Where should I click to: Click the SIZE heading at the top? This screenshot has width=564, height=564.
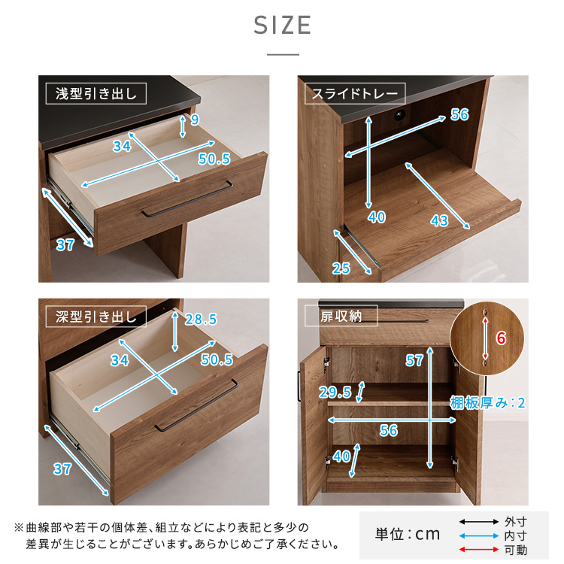[282, 25]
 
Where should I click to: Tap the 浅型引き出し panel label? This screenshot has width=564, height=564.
[96, 93]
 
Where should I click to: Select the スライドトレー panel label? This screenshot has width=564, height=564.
[355, 93]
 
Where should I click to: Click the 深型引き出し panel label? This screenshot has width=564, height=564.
[96, 317]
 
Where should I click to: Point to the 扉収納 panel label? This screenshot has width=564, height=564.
[341, 316]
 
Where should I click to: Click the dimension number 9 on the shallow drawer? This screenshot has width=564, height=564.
[195, 120]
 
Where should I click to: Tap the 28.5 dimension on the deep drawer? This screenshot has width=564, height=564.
[201, 319]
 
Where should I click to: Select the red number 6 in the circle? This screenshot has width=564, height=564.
[501, 338]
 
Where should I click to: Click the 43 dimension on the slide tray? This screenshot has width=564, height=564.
[439, 220]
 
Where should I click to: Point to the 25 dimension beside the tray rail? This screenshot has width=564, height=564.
[341, 268]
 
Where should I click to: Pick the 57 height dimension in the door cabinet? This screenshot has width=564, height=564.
[414, 360]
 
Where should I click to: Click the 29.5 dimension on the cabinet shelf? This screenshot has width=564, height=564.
[335, 392]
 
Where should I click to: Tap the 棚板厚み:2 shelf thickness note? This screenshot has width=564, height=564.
[487, 403]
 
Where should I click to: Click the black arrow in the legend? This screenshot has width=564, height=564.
[479, 522]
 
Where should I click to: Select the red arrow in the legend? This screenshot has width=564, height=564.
[479, 549]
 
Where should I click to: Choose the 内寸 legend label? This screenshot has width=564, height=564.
[515, 535]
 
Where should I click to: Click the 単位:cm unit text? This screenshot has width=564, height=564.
[408, 535]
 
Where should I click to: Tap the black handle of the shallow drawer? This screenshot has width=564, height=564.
[187, 199]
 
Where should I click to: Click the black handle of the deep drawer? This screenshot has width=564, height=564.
[196, 405]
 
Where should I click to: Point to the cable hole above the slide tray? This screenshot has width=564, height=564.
[399, 116]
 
